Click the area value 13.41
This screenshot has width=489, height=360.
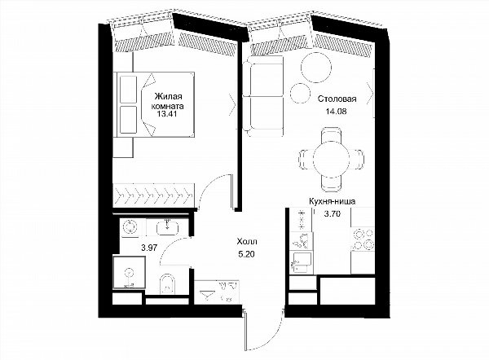[x=167, y=114]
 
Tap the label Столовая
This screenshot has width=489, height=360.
[x=337, y=99]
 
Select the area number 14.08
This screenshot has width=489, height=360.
[x=336, y=111]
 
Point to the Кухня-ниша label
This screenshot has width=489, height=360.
[x=333, y=201]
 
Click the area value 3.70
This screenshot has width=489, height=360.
[x=332, y=214]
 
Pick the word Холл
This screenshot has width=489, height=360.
[x=247, y=242]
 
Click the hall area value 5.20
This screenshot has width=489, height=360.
[x=246, y=254]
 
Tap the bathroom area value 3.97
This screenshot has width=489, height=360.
[x=149, y=248]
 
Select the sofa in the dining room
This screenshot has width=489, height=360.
[x=262, y=97]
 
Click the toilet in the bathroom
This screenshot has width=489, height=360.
[x=168, y=284]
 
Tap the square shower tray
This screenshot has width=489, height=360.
[x=129, y=273]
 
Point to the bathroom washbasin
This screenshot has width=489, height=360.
[x=168, y=226]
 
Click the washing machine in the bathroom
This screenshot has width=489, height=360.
[x=129, y=226]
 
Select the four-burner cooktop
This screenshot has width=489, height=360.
[x=363, y=239]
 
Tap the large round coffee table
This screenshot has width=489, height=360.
[x=316, y=68]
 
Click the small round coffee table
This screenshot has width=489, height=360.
[x=300, y=93]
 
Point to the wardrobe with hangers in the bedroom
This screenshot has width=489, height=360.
[x=154, y=195]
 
